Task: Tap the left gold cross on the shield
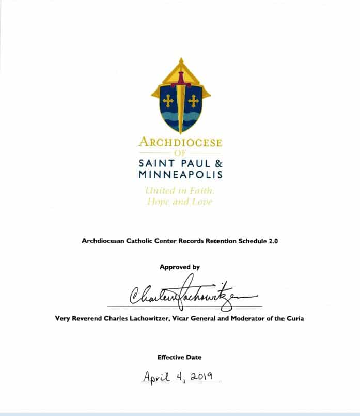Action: tap(168, 101)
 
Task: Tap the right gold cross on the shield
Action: tap(194, 101)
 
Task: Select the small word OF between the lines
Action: tap(180, 153)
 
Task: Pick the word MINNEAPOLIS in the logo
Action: tap(180, 175)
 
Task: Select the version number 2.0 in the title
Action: tap(273, 241)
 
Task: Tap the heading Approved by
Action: tap(180, 267)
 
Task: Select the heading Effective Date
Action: tap(180, 357)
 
